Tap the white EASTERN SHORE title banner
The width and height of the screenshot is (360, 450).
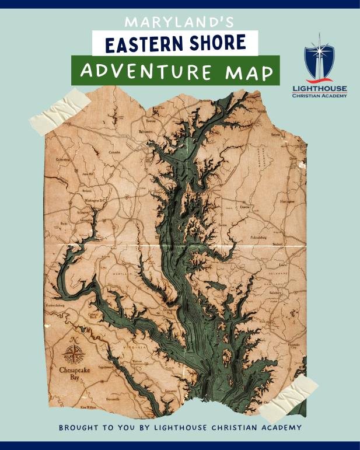point(175,44)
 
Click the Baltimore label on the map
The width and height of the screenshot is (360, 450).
point(145,132)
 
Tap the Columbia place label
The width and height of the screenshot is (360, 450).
point(114,153)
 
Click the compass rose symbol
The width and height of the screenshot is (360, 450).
point(73,353)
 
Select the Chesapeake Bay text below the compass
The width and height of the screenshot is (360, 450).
point(73,374)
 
